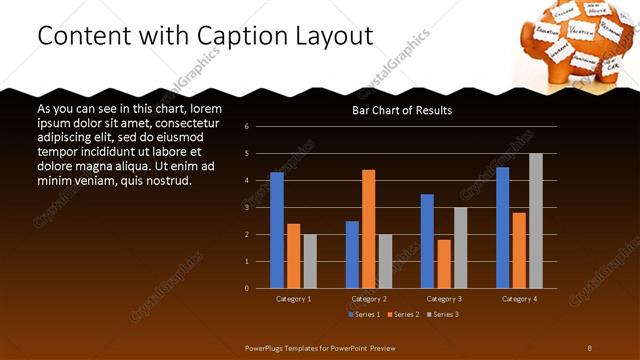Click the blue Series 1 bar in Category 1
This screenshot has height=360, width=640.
point(277,230)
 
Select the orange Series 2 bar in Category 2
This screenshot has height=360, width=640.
point(369,229)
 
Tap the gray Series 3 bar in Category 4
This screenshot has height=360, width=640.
point(536,221)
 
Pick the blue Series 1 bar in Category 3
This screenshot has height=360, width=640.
point(427,241)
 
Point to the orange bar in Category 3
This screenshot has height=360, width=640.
point(444,264)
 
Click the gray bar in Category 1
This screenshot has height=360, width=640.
point(310,261)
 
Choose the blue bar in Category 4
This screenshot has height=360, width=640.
point(502,227)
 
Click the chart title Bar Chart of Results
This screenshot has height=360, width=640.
point(402,110)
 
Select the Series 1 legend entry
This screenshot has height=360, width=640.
point(363,315)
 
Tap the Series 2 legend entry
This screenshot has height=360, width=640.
point(403,315)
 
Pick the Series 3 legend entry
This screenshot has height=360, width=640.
point(443,315)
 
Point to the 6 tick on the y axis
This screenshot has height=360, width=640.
point(260,127)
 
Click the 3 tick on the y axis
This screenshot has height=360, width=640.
point(260,208)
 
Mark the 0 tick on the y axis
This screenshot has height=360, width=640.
point(260,288)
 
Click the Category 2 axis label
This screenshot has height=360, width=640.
point(369,299)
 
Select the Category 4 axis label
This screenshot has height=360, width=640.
point(519,299)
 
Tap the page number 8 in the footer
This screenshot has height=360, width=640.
point(589,347)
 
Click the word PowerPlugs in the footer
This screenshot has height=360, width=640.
point(267,347)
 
